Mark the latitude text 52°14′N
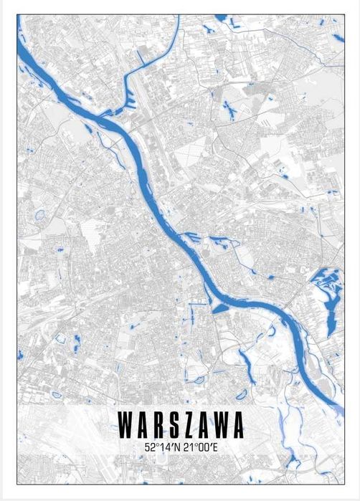[x=161, y=447]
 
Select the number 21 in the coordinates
[x=186, y=447]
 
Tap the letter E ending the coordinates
[x=213, y=447]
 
